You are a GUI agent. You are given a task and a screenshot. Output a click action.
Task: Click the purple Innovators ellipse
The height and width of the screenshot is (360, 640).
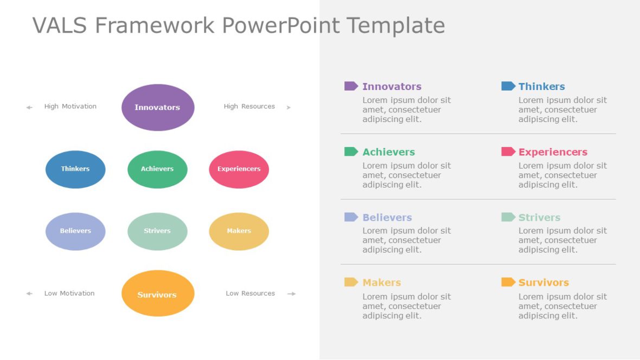[x=158, y=107]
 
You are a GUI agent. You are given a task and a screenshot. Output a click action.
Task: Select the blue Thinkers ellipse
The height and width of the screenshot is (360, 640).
[x=75, y=169]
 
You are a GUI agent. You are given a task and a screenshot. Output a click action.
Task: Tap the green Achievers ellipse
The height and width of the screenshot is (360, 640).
[x=157, y=169]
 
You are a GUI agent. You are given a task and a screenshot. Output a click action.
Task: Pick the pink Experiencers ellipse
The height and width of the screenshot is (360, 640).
[x=239, y=169]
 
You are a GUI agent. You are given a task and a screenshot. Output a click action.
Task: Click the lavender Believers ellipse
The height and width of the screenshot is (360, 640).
[x=75, y=231]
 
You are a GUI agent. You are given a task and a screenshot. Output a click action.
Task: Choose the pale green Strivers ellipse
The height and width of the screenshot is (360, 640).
[x=157, y=231]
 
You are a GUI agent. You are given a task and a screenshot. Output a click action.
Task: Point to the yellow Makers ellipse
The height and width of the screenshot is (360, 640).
[x=239, y=231]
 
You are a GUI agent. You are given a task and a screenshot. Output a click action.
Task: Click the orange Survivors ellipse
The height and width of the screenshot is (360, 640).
[x=158, y=293]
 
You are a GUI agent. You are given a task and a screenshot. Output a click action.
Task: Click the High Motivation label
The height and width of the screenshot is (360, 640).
[x=71, y=107]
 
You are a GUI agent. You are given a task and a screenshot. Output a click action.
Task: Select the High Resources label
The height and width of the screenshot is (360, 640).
[x=249, y=107]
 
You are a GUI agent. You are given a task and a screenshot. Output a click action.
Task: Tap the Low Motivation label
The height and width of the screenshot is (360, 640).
[x=69, y=293]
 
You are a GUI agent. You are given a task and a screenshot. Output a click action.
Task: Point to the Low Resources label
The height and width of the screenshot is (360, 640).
[x=250, y=293]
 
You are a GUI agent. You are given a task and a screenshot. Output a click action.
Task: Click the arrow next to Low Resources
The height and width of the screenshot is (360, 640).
[x=291, y=294]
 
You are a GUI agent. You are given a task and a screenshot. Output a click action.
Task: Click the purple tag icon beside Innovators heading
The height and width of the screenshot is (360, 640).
[x=351, y=86]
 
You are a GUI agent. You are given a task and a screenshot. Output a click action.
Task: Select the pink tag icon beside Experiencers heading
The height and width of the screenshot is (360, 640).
[x=508, y=152]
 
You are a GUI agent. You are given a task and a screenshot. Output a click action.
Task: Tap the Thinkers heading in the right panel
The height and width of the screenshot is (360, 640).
[x=541, y=87]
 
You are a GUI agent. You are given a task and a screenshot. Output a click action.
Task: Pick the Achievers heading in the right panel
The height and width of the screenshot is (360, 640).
[x=388, y=152]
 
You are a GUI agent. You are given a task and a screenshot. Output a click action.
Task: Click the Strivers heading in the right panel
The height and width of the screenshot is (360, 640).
[x=539, y=217]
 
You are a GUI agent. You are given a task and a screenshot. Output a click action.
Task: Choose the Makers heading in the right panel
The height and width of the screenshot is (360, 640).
[x=381, y=282]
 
